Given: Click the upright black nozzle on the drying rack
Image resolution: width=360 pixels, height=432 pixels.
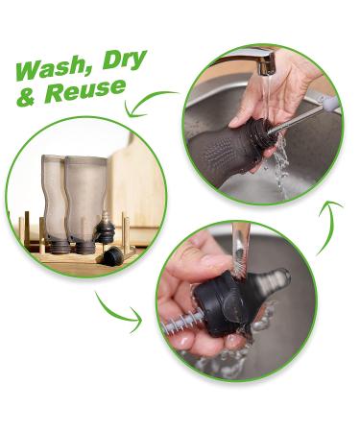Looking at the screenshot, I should (108, 231).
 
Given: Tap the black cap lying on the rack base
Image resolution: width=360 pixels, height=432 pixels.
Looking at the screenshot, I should (113, 255).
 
